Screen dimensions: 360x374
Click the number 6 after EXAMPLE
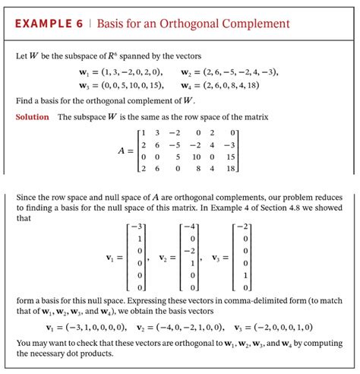click(x=78, y=24)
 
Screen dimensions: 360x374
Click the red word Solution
click(x=32, y=116)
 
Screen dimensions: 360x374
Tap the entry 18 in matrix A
click(x=232, y=168)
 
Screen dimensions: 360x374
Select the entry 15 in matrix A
click(x=232, y=157)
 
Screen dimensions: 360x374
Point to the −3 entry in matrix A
click(x=232, y=145)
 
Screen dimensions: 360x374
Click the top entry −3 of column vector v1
click(x=137, y=227)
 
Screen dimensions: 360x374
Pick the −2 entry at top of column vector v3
click(x=242, y=227)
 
